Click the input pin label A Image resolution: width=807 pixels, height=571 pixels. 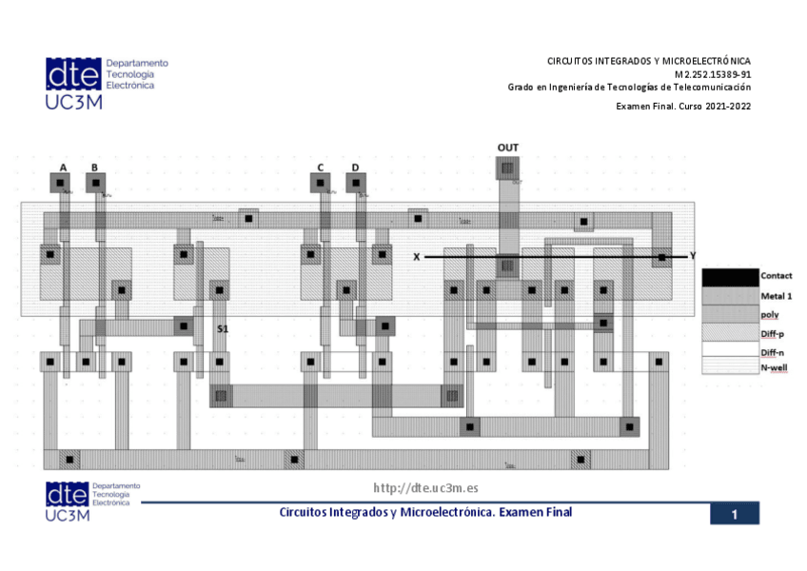click(64, 167)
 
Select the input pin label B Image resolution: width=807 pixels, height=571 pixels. click(94, 167)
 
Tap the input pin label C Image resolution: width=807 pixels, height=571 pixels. click(321, 167)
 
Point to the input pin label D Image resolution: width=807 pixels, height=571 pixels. click(355, 167)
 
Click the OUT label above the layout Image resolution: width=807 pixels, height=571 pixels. click(508, 148)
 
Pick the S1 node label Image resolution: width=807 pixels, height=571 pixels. click(223, 327)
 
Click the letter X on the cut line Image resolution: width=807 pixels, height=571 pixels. click(416, 257)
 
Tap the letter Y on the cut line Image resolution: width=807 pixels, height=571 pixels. click(693, 256)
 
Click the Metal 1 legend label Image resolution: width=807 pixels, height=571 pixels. click(776, 296)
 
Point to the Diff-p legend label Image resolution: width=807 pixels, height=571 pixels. click(773, 333)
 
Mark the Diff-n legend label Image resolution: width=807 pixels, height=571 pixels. click(773, 351)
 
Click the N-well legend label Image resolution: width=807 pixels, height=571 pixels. click(774, 368)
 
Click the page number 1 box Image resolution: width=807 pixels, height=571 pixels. click(735, 514)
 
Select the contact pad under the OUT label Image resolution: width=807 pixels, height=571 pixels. click(508, 168)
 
